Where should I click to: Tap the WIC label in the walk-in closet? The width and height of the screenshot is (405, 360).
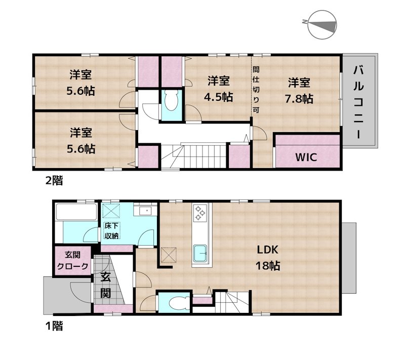(306, 157)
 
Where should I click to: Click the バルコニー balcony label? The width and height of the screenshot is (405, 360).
(358, 101)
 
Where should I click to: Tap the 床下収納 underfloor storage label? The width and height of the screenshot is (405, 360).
(111, 231)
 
